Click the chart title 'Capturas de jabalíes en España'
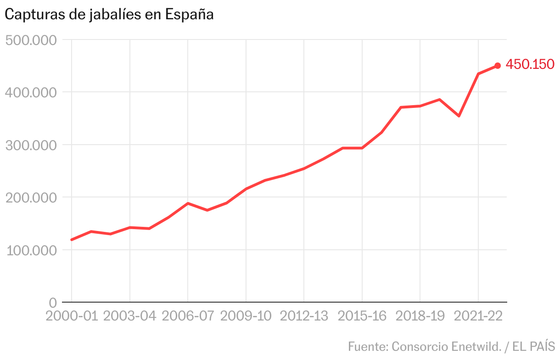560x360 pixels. pyautogui.click(x=109, y=15)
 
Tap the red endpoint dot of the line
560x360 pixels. pyautogui.click(x=498, y=66)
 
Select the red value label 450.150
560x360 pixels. pyautogui.click(x=530, y=64)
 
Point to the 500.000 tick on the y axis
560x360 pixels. pyautogui.click(x=31, y=40)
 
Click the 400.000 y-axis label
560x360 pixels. pyautogui.click(x=31, y=92)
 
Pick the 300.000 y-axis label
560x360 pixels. pyautogui.click(x=31, y=145)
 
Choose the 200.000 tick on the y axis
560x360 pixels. pyautogui.click(x=31, y=197)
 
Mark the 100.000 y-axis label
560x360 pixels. pyautogui.click(x=31, y=250)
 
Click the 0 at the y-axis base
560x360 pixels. pyautogui.click(x=53, y=303)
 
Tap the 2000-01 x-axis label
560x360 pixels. pyautogui.click(x=72, y=316)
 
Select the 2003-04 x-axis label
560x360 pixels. pyautogui.click(x=130, y=316)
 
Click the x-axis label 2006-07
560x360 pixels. pyautogui.click(x=188, y=316)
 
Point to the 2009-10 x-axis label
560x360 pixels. pyautogui.click(x=246, y=316)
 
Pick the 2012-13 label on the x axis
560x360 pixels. pyautogui.click(x=304, y=316)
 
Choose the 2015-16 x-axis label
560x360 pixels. pyautogui.click(x=362, y=316)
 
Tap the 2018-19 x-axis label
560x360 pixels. pyautogui.click(x=420, y=316)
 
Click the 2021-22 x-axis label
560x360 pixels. pyautogui.click(x=478, y=316)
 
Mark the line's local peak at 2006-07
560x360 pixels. pyautogui.click(x=188, y=203)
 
